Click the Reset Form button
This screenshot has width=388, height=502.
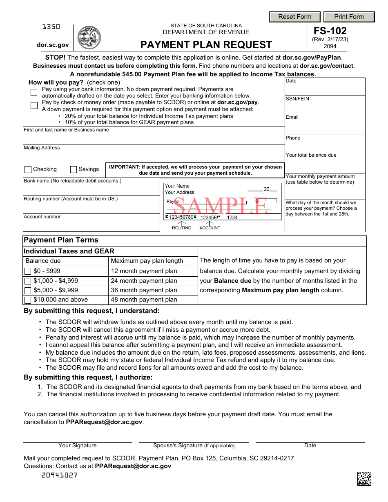point(295,17)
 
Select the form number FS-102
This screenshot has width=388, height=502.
point(330,31)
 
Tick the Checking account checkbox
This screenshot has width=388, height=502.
point(28,169)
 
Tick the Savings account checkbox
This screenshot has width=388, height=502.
point(74,169)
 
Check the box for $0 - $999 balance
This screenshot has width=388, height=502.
point(28,271)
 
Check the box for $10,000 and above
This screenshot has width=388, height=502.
point(28,300)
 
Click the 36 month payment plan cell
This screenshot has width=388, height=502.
point(153,290)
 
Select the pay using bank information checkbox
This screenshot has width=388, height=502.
point(34,92)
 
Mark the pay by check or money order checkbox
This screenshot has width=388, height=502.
point(34,106)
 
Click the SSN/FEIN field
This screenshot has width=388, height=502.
point(325,107)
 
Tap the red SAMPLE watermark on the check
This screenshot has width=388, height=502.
point(221,206)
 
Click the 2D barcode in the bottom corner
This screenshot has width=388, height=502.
point(364,479)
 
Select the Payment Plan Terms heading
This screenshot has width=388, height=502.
point(61,240)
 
